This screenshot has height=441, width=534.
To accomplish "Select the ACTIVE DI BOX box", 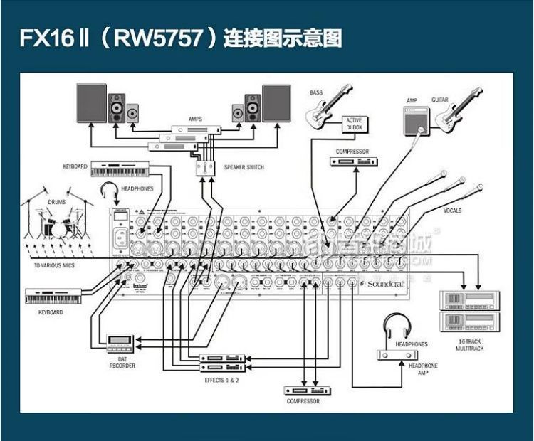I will coord(354,124).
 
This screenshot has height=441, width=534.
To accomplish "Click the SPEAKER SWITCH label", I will coord(244,167).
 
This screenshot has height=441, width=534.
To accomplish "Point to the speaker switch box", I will coord(206,167).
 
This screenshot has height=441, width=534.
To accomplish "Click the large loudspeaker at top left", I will coord(91,104).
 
